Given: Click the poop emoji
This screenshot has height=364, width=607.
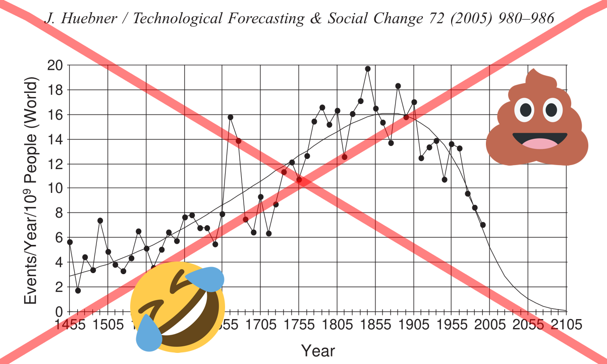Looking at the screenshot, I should coord(537,120).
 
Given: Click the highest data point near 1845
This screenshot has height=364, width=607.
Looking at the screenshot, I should coord(367,69).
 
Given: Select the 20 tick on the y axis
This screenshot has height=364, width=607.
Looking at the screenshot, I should coord(55,65).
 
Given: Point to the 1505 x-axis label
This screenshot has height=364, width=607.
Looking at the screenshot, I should coord(108,324).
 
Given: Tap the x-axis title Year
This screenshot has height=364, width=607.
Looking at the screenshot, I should coord(317,350).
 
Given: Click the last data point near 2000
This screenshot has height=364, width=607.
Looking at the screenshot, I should coord(483,225).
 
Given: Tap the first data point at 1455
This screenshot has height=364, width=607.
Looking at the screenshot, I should coord(70,242).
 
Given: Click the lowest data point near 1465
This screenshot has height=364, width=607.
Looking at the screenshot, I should coord(78,290).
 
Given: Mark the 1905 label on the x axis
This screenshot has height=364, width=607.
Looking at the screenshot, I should coord(414,324).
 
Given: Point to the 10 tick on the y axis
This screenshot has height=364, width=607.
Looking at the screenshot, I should coord(55,188).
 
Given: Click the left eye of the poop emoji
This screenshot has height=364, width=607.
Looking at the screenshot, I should coord(524,110).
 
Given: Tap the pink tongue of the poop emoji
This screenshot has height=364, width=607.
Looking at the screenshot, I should coord(539,144).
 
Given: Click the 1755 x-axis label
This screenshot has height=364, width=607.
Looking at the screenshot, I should coord(299,324).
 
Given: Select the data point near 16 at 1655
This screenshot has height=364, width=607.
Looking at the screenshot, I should coord(230,117).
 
